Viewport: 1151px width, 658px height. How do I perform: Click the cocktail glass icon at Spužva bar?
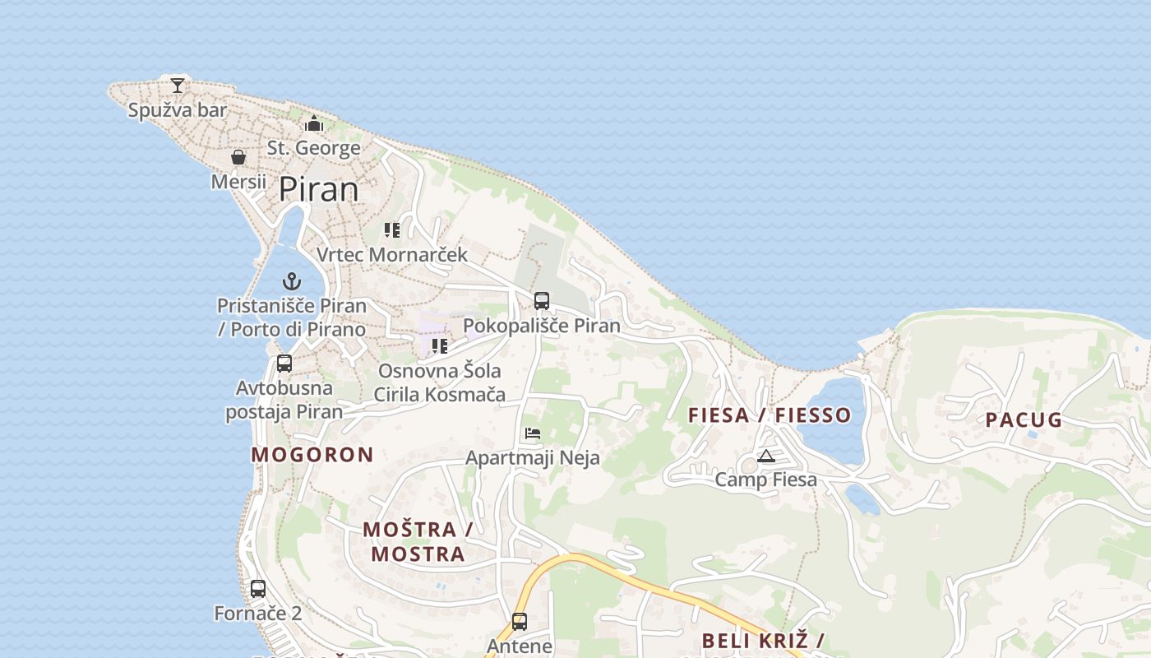coord(178,84)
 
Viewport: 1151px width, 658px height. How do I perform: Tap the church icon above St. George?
coord(313,124)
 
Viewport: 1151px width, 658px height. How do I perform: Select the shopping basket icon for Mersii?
coord(238,156)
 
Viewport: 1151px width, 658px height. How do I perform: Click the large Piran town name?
coord(319,190)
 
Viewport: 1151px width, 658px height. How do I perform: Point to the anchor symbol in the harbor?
coord(291,281)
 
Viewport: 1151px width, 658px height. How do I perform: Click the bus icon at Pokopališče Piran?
coord(541,300)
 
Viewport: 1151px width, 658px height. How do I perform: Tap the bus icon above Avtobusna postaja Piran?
coord(284,363)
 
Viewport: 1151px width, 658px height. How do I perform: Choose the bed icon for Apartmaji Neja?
coord(533,433)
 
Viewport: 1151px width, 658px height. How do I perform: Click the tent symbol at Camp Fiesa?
coord(766,456)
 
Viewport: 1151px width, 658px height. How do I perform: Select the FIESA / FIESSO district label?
coord(769,415)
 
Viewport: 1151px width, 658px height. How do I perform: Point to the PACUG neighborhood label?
coord(1024,420)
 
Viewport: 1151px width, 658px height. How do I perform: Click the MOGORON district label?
coord(312,455)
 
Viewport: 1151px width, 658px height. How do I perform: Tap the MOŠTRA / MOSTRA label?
coord(418,541)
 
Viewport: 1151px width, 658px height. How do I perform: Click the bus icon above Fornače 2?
coord(258,588)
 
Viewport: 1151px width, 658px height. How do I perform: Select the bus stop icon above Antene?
coord(520,621)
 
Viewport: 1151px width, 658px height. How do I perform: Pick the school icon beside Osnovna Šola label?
coord(440,346)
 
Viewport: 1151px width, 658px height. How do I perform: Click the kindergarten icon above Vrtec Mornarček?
coord(392,230)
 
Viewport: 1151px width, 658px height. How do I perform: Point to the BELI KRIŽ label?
coord(763,642)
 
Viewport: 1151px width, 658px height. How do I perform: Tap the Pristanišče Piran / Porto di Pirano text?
coord(291,317)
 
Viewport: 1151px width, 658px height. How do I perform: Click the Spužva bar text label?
coord(178,109)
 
